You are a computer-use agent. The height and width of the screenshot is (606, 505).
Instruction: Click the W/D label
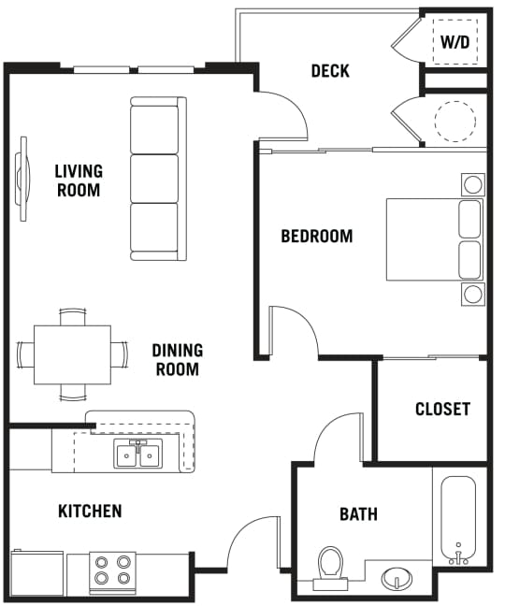coord(455,41)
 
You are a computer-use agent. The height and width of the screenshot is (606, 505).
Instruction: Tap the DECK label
coord(330,71)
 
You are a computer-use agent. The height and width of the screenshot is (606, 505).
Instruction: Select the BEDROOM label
coord(317,237)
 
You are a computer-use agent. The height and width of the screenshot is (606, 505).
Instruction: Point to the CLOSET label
coord(442,409)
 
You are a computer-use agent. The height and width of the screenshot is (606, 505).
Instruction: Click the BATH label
coord(358,514)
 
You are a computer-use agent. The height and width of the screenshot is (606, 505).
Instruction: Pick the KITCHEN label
coord(90,511)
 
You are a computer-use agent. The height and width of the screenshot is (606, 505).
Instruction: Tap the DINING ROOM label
coord(178,360)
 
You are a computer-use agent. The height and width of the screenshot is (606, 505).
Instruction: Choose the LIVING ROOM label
coord(79,180)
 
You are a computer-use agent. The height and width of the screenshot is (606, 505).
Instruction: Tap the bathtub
coord(458,520)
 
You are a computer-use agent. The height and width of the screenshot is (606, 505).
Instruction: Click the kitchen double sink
coord(138,454)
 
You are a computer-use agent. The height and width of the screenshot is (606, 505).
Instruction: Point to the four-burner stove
coord(112,572)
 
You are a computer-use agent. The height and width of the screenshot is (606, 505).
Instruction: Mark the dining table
coord(72,354)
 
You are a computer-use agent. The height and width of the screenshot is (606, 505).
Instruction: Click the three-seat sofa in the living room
coord(158,179)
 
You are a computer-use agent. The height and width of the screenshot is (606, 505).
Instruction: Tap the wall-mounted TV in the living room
coord(22,179)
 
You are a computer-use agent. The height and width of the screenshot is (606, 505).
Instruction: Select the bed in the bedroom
coord(435,239)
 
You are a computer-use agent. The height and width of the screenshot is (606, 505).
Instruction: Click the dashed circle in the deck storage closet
coord(454,121)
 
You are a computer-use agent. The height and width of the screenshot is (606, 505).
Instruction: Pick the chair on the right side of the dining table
coord(120,354)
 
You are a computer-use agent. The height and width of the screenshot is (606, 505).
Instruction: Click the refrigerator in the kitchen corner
coord(37,573)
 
